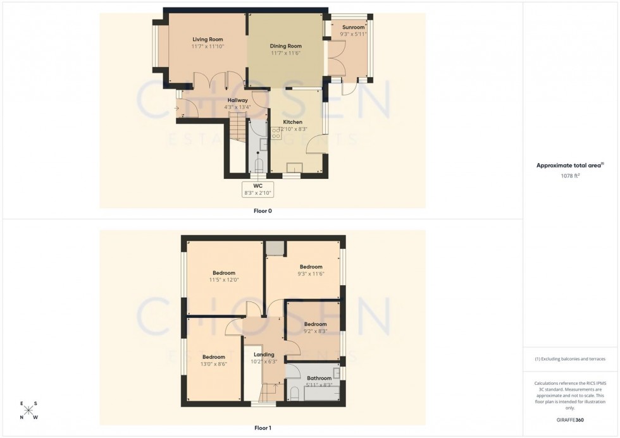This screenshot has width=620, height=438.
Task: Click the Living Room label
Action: [208, 39]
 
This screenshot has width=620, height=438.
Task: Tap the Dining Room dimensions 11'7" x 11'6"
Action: [285, 54]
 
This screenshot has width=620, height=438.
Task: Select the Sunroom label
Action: [354, 27]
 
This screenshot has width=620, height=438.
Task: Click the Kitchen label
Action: [292, 122]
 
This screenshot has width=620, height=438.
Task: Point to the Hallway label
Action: [237, 100]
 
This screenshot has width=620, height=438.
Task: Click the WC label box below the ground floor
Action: [257, 189]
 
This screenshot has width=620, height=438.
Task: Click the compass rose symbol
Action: [29, 410]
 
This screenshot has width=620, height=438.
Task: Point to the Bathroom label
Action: [319, 379]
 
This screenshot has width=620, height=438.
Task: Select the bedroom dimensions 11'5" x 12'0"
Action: [224, 280]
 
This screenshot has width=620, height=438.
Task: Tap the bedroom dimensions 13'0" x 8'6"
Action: [214, 364]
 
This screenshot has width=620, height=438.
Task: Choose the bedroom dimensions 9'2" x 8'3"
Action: [314, 331]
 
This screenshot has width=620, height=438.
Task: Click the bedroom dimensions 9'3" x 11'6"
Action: [311, 274]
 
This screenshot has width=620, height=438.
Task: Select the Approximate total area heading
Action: [567, 165]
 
